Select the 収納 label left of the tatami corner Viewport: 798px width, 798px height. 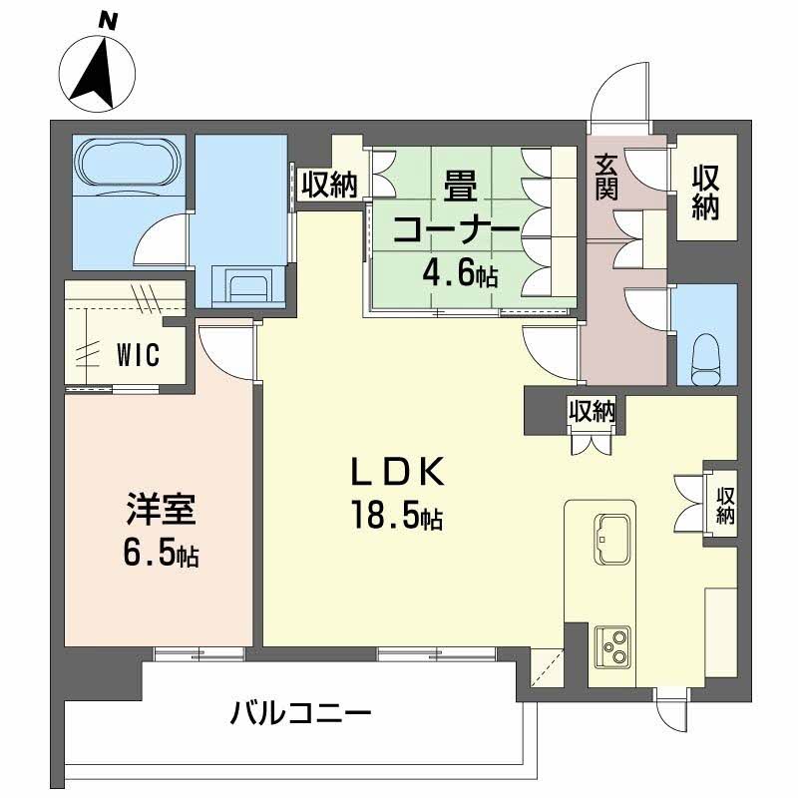329,186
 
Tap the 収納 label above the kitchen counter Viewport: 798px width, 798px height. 592,410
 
